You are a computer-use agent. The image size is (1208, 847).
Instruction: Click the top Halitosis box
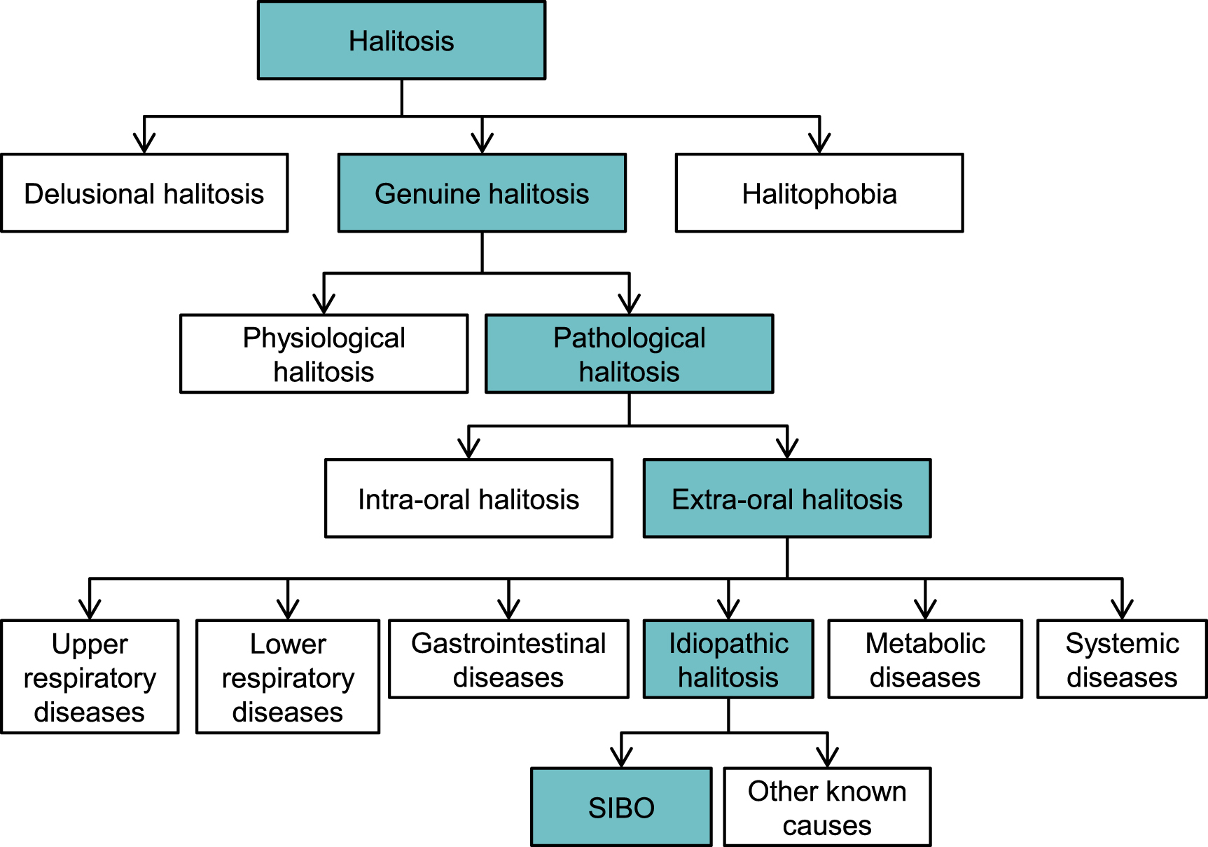[x=401, y=41]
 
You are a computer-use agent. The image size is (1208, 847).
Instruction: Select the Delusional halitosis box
[x=144, y=193]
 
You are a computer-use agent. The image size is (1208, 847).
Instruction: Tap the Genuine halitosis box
[x=482, y=193]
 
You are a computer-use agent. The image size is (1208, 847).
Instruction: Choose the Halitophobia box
[x=819, y=193]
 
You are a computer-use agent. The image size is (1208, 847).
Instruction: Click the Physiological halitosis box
[x=324, y=354]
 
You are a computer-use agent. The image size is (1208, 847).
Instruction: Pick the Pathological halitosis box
[x=629, y=354]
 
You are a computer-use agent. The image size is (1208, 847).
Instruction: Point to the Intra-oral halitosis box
[x=468, y=499]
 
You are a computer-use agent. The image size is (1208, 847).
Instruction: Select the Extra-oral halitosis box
[x=787, y=499]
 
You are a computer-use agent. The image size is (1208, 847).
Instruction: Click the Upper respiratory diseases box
[x=90, y=677]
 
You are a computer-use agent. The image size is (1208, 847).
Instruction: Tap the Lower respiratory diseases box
[x=288, y=677]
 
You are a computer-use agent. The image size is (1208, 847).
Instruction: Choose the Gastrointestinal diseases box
[x=508, y=659]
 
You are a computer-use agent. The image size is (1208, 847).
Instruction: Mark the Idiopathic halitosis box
[x=728, y=659]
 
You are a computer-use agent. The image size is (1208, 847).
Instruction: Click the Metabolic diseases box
[x=925, y=659]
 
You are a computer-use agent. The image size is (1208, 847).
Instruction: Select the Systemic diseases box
[x=1122, y=659]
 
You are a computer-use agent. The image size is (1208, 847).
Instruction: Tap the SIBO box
[x=621, y=807]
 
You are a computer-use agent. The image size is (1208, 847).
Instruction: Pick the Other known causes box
[x=827, y=807]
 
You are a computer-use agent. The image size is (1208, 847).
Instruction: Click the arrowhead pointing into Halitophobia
[x=819, y=143]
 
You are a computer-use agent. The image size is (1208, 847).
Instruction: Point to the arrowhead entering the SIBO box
[x=621, y=757]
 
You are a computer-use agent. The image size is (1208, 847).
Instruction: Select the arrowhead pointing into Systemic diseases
[x=1122, y=609]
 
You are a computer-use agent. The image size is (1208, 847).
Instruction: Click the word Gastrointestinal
[x=508, y=643]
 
